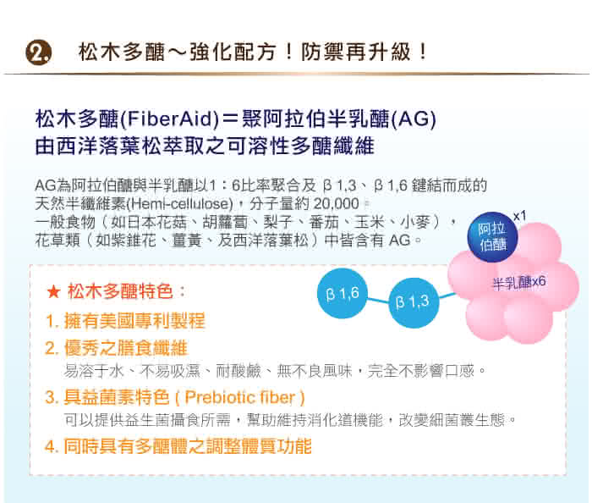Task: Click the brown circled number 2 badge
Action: click(x=38, y=53)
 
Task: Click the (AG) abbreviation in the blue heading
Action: click(x=414, y=119)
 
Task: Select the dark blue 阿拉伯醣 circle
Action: click(x=493, y=237)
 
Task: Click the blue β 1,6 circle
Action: click(x=343, y=293)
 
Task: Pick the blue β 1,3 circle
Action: click(x=414, y=302)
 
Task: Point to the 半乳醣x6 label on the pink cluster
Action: click(x=519, y=282)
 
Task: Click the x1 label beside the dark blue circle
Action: click(x=519, y=216)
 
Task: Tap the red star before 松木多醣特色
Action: click(x=53, y=292)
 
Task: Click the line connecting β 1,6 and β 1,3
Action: click(x=378, y=301)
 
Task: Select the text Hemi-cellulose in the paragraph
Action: click(x=179, y=204)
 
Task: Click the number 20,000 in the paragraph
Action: click(x=336, y=204)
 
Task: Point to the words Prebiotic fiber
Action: click(x=239, y=397)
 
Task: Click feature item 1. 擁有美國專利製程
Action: click(x=125, y=321)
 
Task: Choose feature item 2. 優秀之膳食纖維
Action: click(x=117, y=348)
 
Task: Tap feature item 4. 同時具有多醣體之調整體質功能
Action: click(x=178, y=446)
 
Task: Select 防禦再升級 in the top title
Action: click(x=356, y=52)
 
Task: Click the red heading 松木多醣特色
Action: click(x=121, y=292)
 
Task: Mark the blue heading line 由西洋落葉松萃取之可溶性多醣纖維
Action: click(x=205, y=146)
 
